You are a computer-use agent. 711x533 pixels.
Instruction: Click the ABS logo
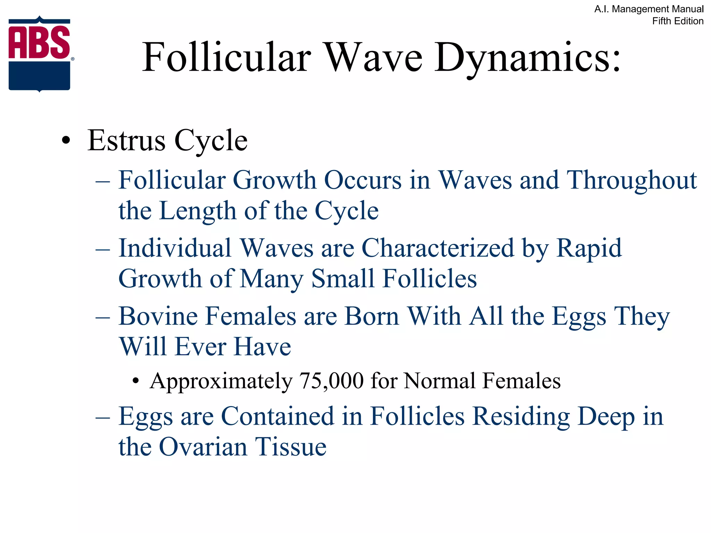(x=40, y=54)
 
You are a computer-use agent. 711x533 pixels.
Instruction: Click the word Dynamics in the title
(x=527, y=57)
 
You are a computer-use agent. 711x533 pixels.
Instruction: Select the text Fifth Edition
(x=678, y=21)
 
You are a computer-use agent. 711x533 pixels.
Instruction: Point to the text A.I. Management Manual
(x=649, y=9)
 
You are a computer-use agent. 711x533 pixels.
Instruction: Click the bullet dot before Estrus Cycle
(x=66, y=141)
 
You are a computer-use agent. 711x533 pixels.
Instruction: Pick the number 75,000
(x=331, y=381)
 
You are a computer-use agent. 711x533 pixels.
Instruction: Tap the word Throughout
(x=631, y=180)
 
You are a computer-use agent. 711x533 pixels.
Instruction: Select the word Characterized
(x=437, y=248)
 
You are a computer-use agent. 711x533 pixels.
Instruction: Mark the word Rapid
(x=589, y=248)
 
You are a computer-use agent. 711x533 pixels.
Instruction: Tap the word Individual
(x=175, y=248)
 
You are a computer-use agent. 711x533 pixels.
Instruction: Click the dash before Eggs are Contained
(x=103, y=417)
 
